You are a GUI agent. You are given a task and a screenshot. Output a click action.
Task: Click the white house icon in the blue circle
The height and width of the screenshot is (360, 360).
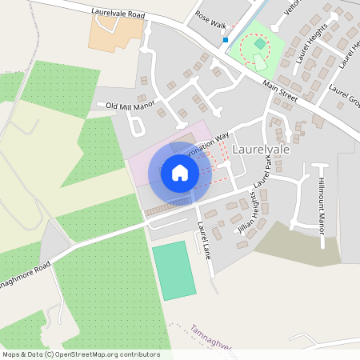(x=180, y=173)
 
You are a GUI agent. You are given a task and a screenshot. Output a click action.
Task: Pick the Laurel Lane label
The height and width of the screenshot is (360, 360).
(x=204, y=239)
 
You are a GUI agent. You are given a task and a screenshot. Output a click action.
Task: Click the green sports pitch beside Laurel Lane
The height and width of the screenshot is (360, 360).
(x=174, y=270)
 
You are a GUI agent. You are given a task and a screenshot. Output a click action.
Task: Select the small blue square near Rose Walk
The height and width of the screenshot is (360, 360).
(x=226, y=40)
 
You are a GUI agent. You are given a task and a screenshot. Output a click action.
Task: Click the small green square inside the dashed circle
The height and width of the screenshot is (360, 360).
(x=259, y=44)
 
